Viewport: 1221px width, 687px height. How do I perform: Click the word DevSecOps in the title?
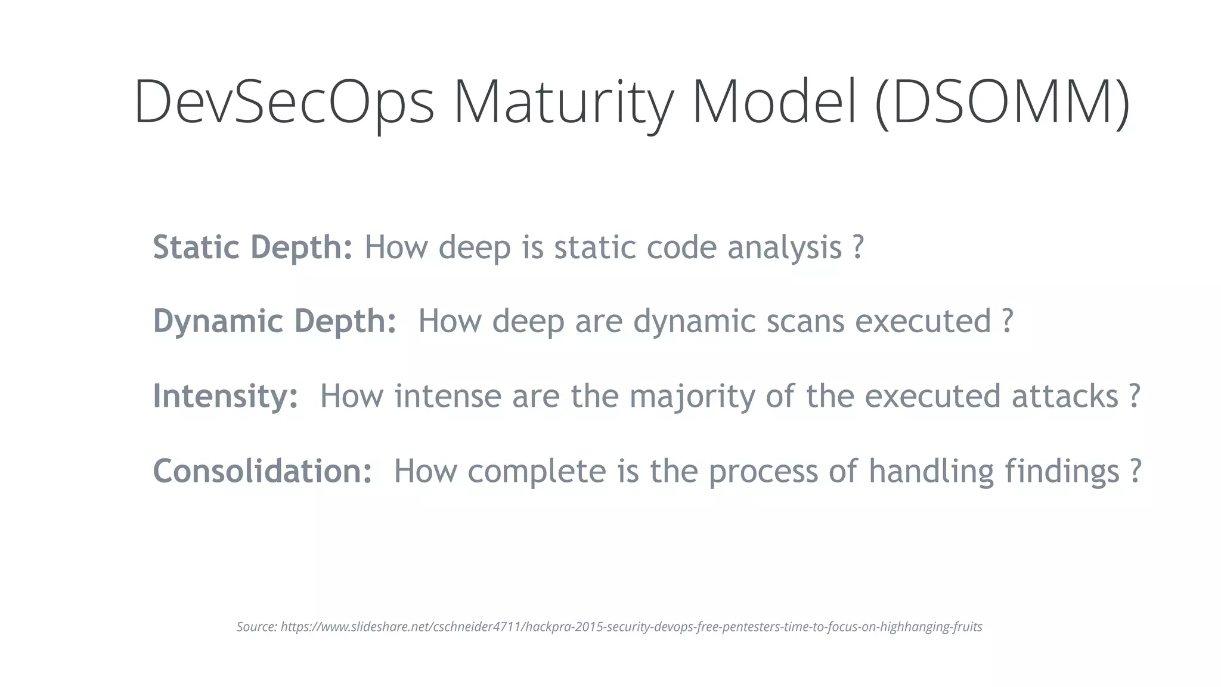point(284,101)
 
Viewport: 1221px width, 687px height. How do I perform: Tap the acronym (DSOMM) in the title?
point(1002,101)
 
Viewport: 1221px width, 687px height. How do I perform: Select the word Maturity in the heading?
point(563,101)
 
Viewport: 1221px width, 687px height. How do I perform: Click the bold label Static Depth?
point(253,247)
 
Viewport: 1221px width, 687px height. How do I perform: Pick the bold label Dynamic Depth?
point(275,321)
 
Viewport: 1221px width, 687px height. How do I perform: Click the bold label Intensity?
point(225,395)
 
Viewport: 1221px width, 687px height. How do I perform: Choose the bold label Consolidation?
point(263,471)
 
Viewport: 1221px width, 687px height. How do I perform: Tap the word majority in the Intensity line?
point(692,397)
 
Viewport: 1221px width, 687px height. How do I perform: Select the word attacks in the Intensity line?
point(1064,395)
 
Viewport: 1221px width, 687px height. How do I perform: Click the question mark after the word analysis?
point(857,247)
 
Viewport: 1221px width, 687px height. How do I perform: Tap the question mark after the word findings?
point(1135,471)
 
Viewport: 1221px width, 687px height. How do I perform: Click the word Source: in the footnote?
point(256,627)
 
